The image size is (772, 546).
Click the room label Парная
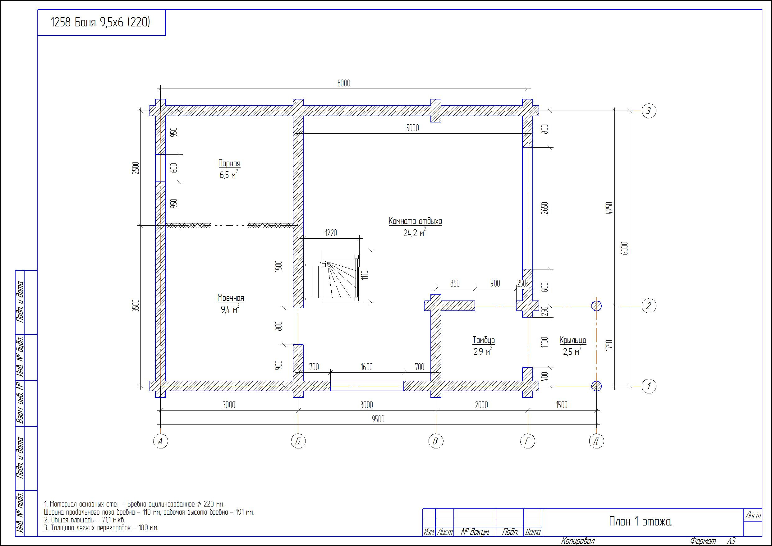click(229, 163)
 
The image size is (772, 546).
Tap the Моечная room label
click(231, 298)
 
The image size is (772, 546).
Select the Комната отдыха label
click(415, 221)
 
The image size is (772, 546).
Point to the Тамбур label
click(484, 340)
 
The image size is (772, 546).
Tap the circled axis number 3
click(649, 111)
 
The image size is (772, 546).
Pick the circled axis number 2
click(649, 306)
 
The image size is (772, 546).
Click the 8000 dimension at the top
click(344, 83)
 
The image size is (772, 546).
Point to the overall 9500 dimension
click(378, 419)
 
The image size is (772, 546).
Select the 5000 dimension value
click(412, 128)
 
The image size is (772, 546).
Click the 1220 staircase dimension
click(331, 233)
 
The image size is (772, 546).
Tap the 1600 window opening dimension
click(366, 367)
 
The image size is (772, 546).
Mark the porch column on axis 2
click(596, 306)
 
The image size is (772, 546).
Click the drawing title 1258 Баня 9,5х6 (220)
click(100, 22)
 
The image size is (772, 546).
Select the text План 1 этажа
click(641, 521)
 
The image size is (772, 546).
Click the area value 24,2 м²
click(415, 232)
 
